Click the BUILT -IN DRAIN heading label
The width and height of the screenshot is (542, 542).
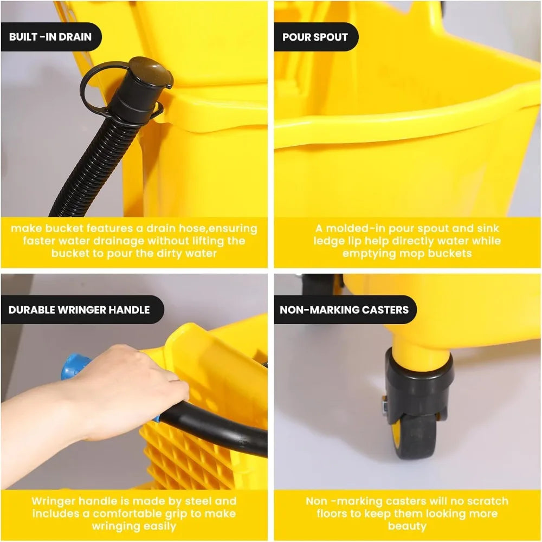(x=50, y=37)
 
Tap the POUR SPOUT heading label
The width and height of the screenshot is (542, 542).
(x=315, y=37)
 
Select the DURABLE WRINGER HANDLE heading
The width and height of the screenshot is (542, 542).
(x=79, y=310)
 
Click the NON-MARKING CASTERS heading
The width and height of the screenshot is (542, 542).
(x=344, y=310)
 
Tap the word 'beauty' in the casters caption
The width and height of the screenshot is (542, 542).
(x=406, y=526)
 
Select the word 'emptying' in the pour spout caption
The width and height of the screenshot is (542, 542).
(x=365, y=253)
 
